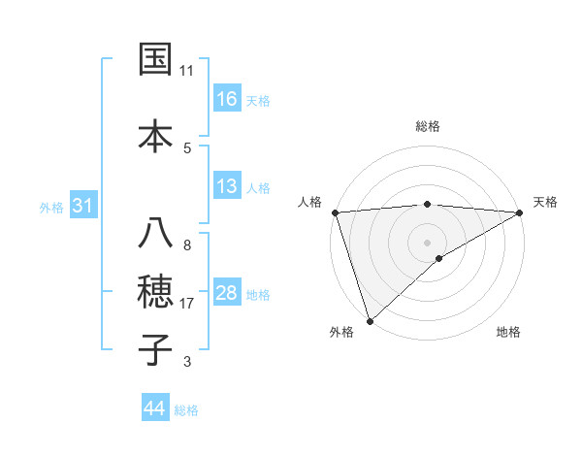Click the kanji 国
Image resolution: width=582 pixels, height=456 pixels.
point(156,59)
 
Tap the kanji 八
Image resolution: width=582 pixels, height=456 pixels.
point(156,234)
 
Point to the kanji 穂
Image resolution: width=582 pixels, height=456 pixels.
point(156,292)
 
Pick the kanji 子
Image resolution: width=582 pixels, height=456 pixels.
point(156,349)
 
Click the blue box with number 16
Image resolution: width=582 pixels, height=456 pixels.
point(227,99)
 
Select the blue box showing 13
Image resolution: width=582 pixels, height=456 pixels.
point(227,186)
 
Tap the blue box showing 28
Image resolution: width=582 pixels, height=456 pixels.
point(227,294)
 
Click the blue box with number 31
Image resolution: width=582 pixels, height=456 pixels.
point(82,206)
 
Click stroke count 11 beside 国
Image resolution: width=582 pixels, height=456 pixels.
point(187,71)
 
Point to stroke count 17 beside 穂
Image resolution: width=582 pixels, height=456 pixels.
point(187,304)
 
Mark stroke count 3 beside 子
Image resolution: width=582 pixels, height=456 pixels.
point(187,362)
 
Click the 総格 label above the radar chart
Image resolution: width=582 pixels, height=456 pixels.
point(428,126)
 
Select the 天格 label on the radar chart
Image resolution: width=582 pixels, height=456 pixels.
point(546,202)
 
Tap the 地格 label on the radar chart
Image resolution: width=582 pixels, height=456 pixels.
point(508,332)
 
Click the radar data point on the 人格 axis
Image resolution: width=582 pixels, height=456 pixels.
point(335,212)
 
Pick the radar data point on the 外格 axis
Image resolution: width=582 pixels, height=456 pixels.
point(370,320)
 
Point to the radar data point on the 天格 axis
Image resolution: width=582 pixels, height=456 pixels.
point(520,212)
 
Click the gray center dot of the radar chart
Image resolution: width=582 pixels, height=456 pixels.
point(427,242)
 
